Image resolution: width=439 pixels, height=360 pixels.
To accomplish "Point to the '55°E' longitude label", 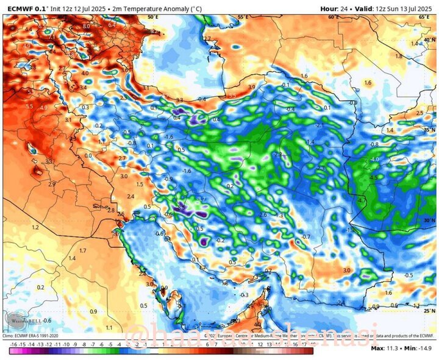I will click(243, 17).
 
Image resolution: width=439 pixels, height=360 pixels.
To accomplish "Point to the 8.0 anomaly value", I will click(86, 26).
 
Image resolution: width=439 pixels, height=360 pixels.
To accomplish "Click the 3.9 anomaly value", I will click(251, 87).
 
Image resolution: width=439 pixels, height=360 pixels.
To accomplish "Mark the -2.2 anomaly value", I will click(278, 155).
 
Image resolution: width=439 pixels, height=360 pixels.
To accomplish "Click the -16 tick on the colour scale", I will click(13, 344).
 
